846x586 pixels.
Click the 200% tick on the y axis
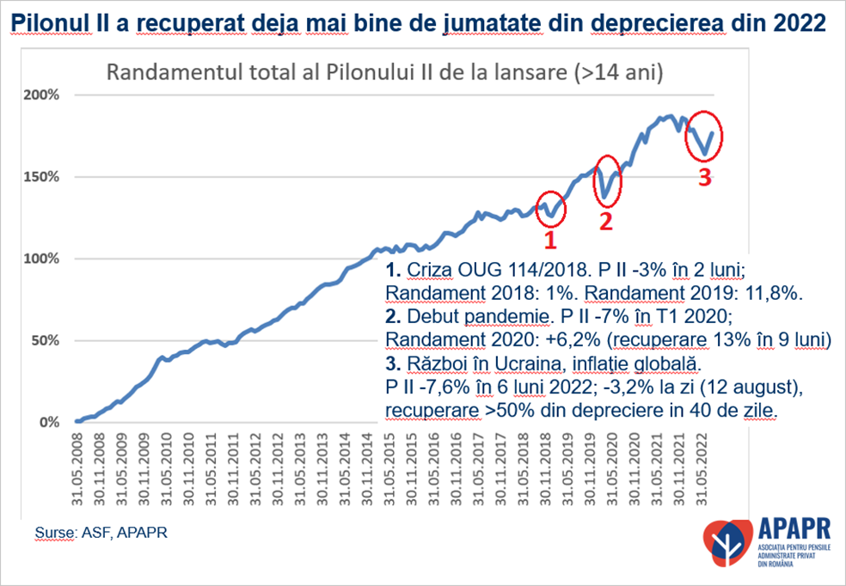click(41, 95)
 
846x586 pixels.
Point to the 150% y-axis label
click(41, 177)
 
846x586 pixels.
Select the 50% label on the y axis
click(45, 340)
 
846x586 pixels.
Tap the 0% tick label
click(48, 422)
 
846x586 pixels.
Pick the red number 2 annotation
click(605, 221)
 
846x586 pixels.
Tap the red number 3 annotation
click(704, 179)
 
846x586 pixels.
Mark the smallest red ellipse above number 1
click(549, 206)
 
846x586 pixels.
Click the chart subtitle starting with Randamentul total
click(383, 73)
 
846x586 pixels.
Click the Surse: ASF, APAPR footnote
click(101, 533)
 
